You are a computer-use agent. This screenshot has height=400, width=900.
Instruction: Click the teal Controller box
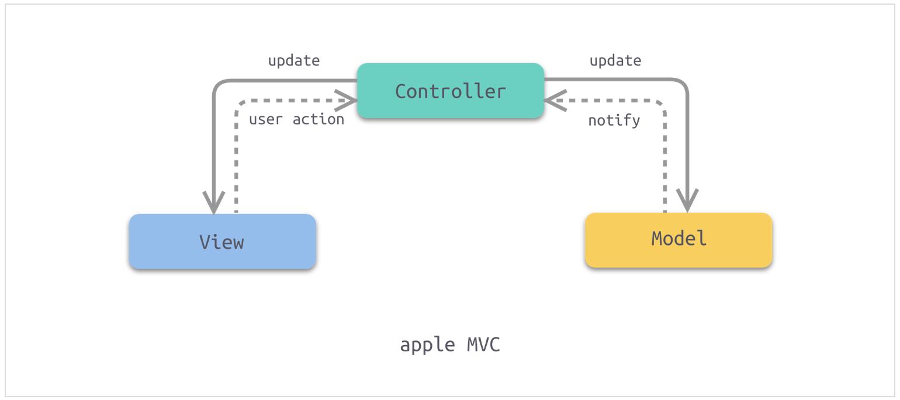pyautogui.click(x=451, y=91)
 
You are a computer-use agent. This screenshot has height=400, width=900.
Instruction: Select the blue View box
pyautogui.click(x=222, y=242)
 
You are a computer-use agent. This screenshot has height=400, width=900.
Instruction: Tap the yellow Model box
pyautogui.click(x=679, y=240)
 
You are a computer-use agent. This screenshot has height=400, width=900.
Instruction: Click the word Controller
pyautogui.click(x=451, y=91)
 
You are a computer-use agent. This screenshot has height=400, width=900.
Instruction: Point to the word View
pyautogui.click(x=222, y=242)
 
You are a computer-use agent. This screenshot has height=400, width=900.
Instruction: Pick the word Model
pyautogui.click(x=679, y=239)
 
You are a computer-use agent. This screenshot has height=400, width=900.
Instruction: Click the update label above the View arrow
pyautogui.click(x=294, y=61)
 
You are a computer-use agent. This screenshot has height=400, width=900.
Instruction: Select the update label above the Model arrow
pyautogui.click(x=615, y=61)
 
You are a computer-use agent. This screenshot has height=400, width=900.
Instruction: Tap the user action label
pyautogui.click(x=296, y=119)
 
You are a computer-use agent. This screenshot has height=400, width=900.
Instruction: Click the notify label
pyautogui.click(x=614, y=120)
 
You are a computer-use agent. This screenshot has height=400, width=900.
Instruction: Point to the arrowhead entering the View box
pyautogui.click(x=214, y=202)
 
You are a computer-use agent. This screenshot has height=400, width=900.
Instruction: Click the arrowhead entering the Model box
pyautogui.click(x=687, y=200)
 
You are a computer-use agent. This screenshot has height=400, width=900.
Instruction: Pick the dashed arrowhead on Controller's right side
pyautogui.click(x=555, y=101)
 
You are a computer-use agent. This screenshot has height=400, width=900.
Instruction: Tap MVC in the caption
pyautogui.click(x=483, y=344)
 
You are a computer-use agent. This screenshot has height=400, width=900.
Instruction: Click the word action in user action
pyautogui.click(x=318, y=119)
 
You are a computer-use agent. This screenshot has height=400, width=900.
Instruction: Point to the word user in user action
pyautogui.click(x=266, y=120)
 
